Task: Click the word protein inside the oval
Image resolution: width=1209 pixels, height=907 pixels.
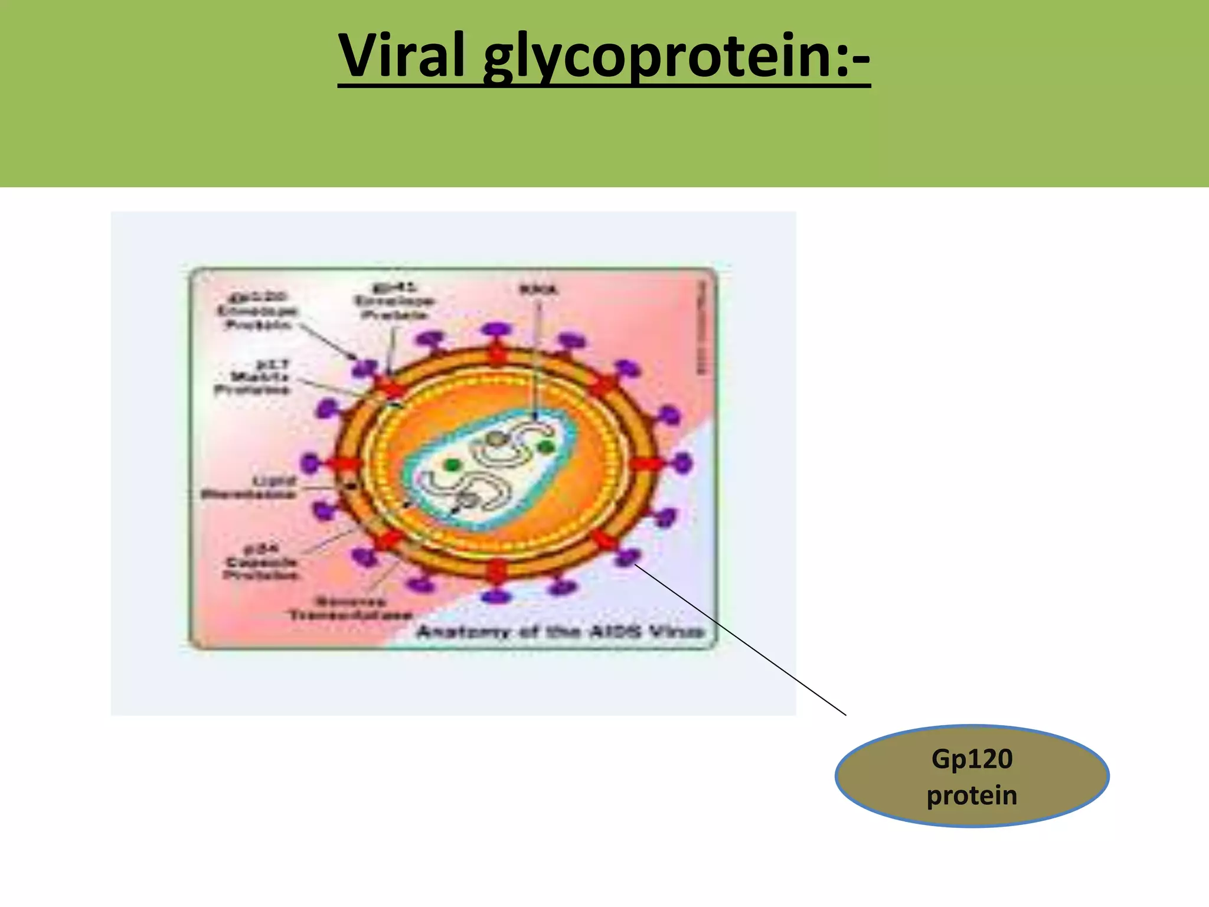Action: (972, 795)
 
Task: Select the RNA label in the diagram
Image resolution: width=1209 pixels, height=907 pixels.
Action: (538, 289)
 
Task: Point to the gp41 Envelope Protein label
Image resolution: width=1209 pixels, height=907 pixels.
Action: (394, 301)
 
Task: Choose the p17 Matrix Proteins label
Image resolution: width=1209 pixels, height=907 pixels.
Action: (253, 377)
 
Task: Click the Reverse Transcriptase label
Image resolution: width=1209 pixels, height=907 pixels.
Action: (351, 608)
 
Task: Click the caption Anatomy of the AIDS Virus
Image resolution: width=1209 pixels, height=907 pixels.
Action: (560, 632)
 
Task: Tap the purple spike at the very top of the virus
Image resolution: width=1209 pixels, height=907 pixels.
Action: (496, 329)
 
